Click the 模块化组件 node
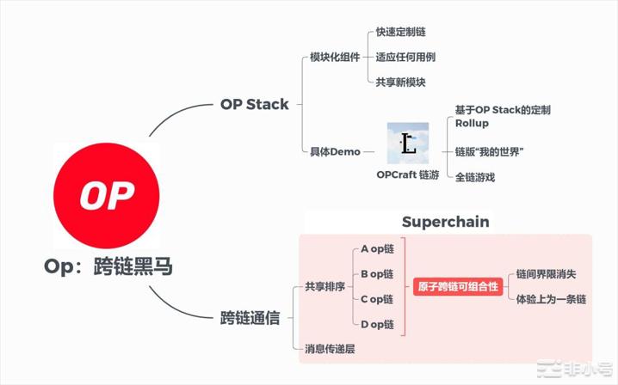(335, 58)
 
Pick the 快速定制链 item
(401, 32)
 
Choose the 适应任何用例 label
(405, 57)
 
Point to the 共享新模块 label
(401, 82)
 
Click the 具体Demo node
(335, 152)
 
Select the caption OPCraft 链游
(408, 174)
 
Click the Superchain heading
(445, 222)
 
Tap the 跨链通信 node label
(250, 318)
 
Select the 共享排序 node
(325, 286)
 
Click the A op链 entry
(377, 248)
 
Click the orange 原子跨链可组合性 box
(458, 286)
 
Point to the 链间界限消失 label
(546, 274)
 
